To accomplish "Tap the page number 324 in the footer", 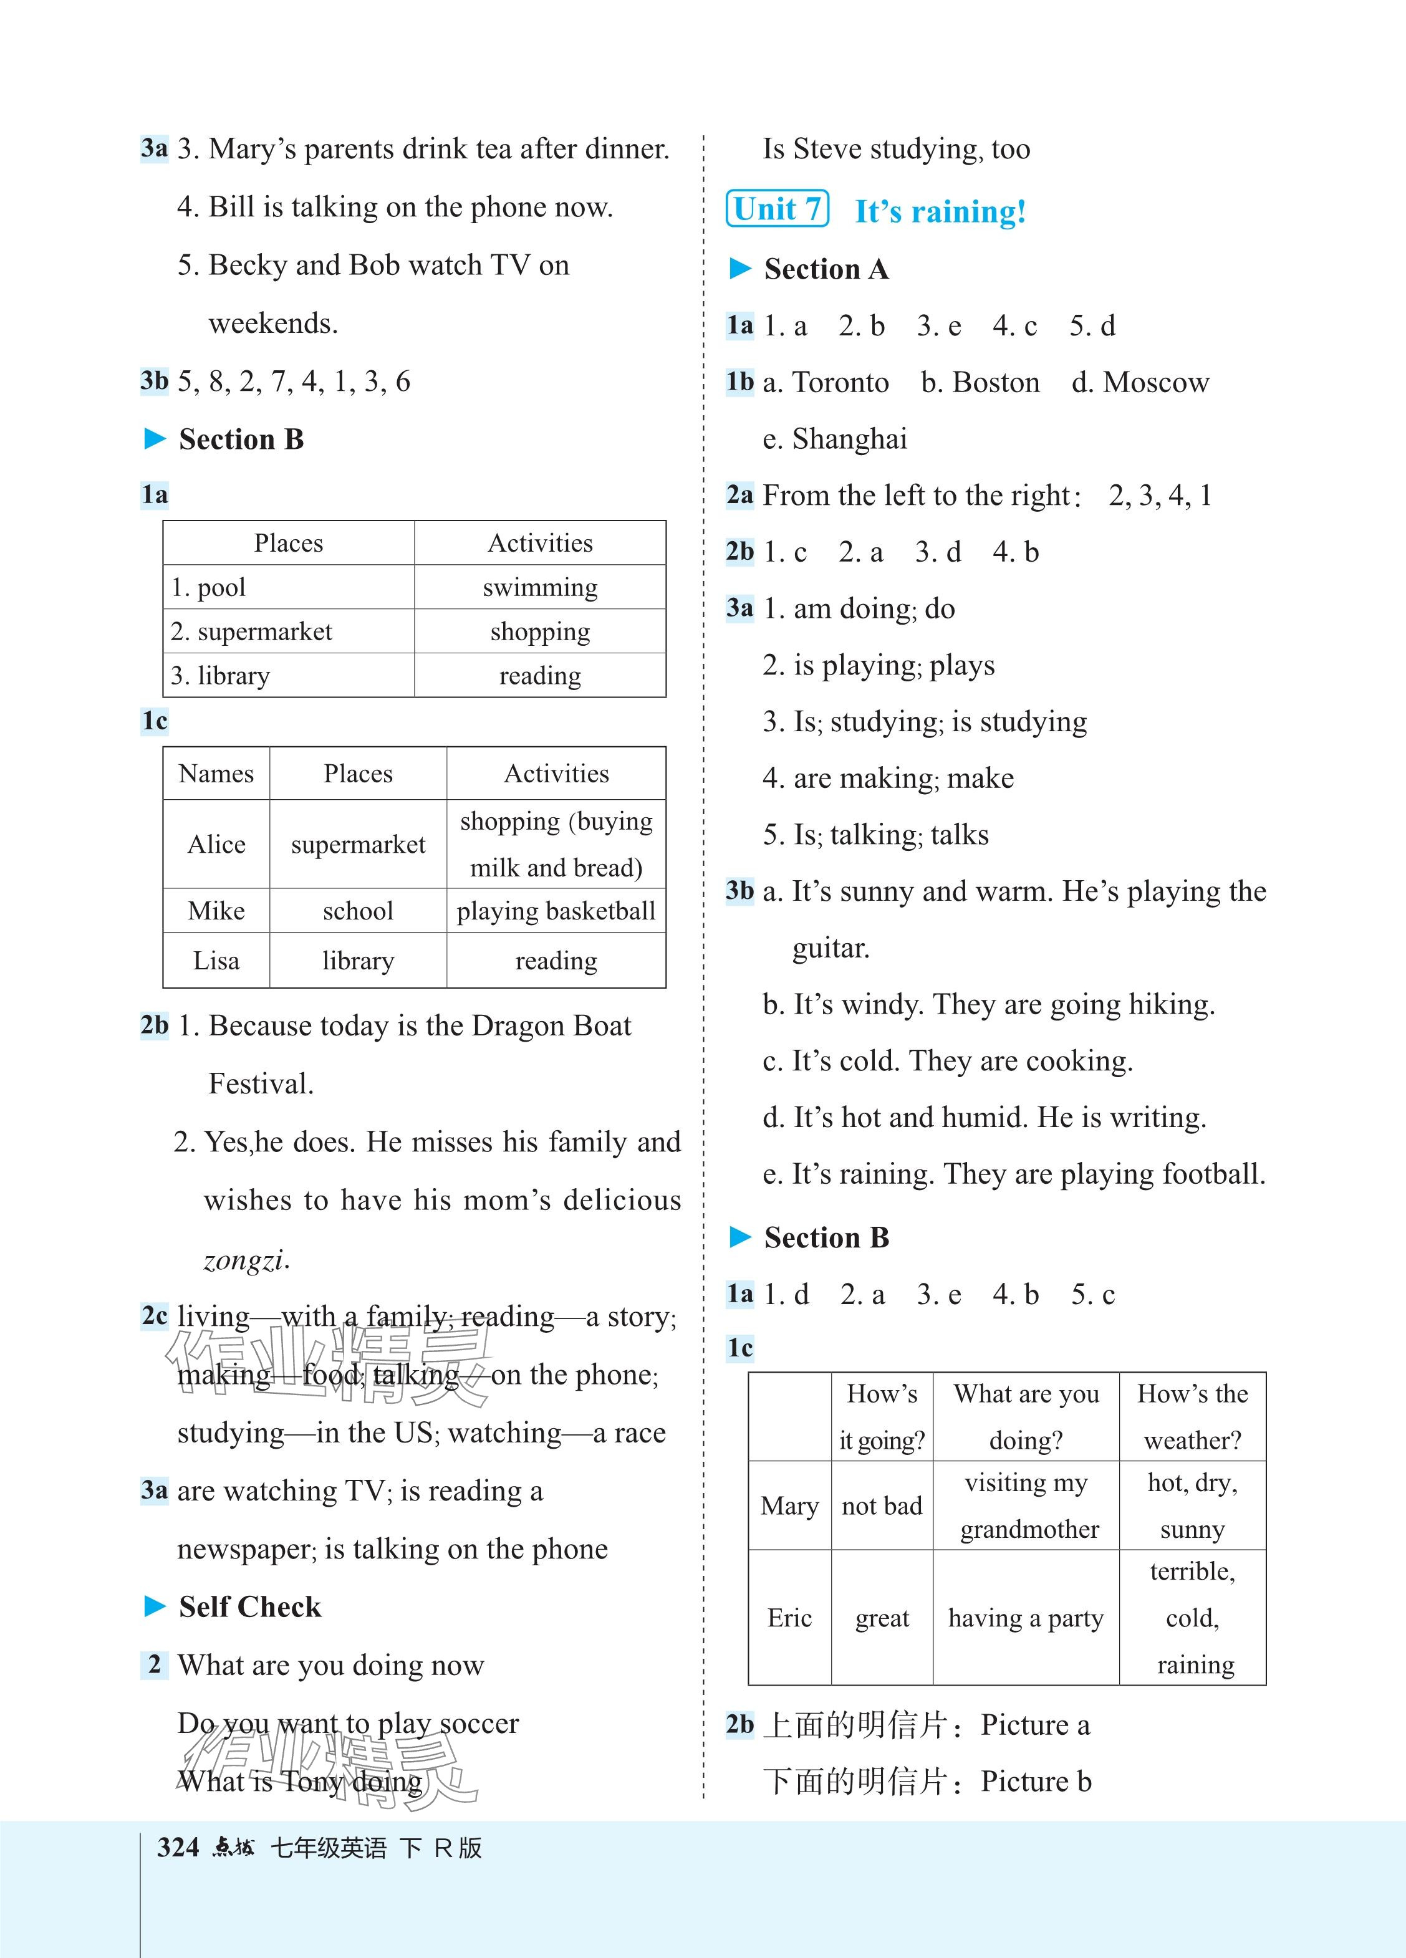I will (178, 1848).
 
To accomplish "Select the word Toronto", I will (840, 383).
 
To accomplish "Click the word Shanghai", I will (850, 439).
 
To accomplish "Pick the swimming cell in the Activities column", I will (540, 588).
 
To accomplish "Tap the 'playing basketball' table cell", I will (556, 911).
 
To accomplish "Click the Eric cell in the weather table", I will (789, 1618).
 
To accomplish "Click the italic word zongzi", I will (245, 1261).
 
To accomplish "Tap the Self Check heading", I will (249, 1606).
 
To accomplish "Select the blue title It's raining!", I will (940, 211).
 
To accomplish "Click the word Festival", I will (260, 1084).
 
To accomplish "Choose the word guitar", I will (830, 949).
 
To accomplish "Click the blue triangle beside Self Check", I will (155, 1606).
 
